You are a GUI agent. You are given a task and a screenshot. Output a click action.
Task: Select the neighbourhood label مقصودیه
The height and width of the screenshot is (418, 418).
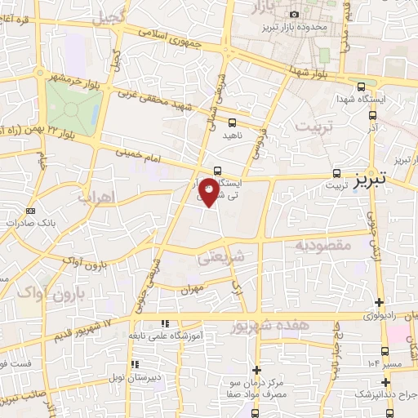pyautogui.click(x=322, y=245)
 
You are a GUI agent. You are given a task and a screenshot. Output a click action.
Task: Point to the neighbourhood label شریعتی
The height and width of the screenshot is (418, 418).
pyautogui.click(x=216, y=257)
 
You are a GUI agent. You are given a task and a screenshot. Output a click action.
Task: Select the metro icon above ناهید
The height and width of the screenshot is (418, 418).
pyautogui.click(x=233, y=122)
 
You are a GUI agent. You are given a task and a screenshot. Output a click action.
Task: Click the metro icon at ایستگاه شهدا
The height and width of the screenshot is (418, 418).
pyautogui.click(x=362, y=86)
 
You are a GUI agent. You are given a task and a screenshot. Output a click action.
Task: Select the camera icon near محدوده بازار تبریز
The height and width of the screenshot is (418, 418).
pyautogui.click(x=294, y=14)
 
